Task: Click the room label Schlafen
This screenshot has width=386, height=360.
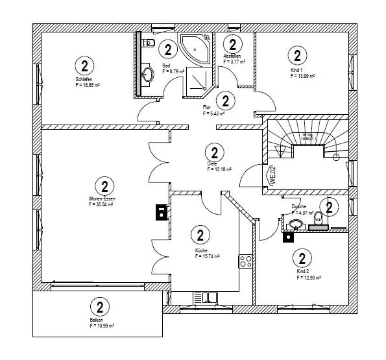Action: [x=83, y=79]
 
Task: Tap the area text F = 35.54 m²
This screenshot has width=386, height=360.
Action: [x=101, y=204]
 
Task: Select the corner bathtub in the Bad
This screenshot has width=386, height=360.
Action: [x=194, y=47]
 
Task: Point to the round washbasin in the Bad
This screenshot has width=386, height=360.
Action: [x=149, y=74]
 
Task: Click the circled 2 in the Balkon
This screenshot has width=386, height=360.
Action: [x=99, y=307]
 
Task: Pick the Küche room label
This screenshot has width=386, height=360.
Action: [x=200, y=250]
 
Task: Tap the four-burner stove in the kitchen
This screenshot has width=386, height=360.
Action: [x=246, y=261]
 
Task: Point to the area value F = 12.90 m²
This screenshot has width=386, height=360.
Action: [x=309, y=277]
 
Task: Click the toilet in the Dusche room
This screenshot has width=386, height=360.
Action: [x=318, y=222]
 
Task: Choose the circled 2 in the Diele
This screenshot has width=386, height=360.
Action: [x=213, y=152]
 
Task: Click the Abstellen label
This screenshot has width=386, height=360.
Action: [x=232, y=56]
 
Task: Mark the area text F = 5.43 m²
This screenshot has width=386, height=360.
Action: [x=213, y=114]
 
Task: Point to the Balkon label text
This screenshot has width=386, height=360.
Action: [x=97, y=320]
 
